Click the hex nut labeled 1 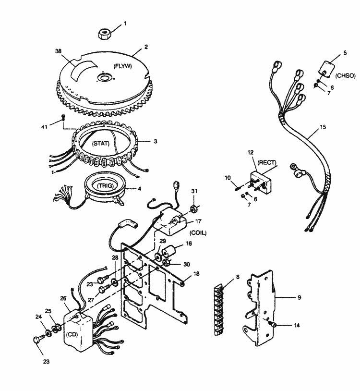coord(104,34)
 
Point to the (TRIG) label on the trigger coord(106,185)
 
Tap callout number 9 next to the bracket coord(299,297)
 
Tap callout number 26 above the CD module coord(63,298)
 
